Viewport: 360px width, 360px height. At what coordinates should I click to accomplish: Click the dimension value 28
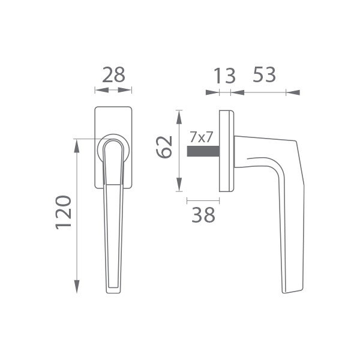(x=113, y=75)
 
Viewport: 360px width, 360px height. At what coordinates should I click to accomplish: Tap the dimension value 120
(x=64, y=212)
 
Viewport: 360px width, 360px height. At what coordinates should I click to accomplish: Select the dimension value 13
(x=224, y=76)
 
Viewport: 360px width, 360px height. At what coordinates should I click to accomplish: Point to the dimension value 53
(x=264, y=74)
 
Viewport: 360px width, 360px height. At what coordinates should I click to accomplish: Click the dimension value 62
(x=164, y=147)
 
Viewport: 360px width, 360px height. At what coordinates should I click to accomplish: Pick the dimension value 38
(x=203, y=215)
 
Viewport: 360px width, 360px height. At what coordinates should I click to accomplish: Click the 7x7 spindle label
(x=202, y=137)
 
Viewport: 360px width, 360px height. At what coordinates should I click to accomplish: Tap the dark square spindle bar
(x=203, y=151)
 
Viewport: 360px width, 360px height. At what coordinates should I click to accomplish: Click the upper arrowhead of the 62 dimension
(x=179, y=118)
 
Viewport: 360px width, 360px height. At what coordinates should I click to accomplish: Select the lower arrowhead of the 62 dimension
(x=179, y=184)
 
